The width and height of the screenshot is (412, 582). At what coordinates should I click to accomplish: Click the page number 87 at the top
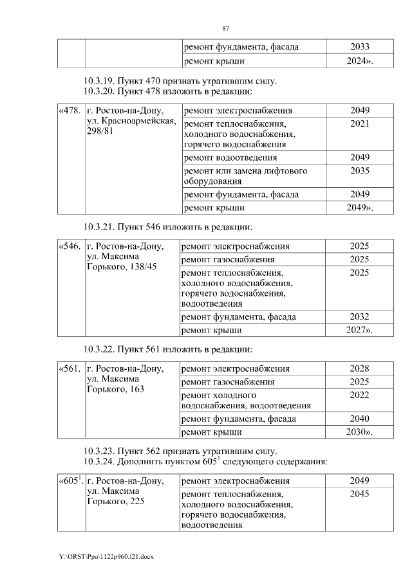click(225, 28)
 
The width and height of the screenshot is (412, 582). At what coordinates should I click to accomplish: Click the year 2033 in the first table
click(359, 47)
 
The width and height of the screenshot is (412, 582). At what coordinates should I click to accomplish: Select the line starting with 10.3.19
click(180, 81)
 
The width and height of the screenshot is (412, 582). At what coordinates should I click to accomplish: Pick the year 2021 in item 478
click(359, 123)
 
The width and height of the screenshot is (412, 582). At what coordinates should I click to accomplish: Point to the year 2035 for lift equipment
click(359, 171)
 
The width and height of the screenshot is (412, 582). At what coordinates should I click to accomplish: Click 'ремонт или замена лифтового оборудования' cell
click(246, 176)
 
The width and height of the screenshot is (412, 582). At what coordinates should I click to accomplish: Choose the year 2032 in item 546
click(359, 316)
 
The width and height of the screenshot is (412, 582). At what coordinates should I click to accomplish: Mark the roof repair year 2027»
click(359, 330)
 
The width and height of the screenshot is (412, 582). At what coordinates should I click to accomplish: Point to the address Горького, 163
click(115, 389)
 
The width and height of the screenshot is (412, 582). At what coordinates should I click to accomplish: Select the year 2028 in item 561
click(359, 368)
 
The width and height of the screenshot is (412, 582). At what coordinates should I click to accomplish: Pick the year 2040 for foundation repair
click(359, 419)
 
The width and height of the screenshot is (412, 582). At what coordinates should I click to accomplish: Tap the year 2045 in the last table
click(359, 494)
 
